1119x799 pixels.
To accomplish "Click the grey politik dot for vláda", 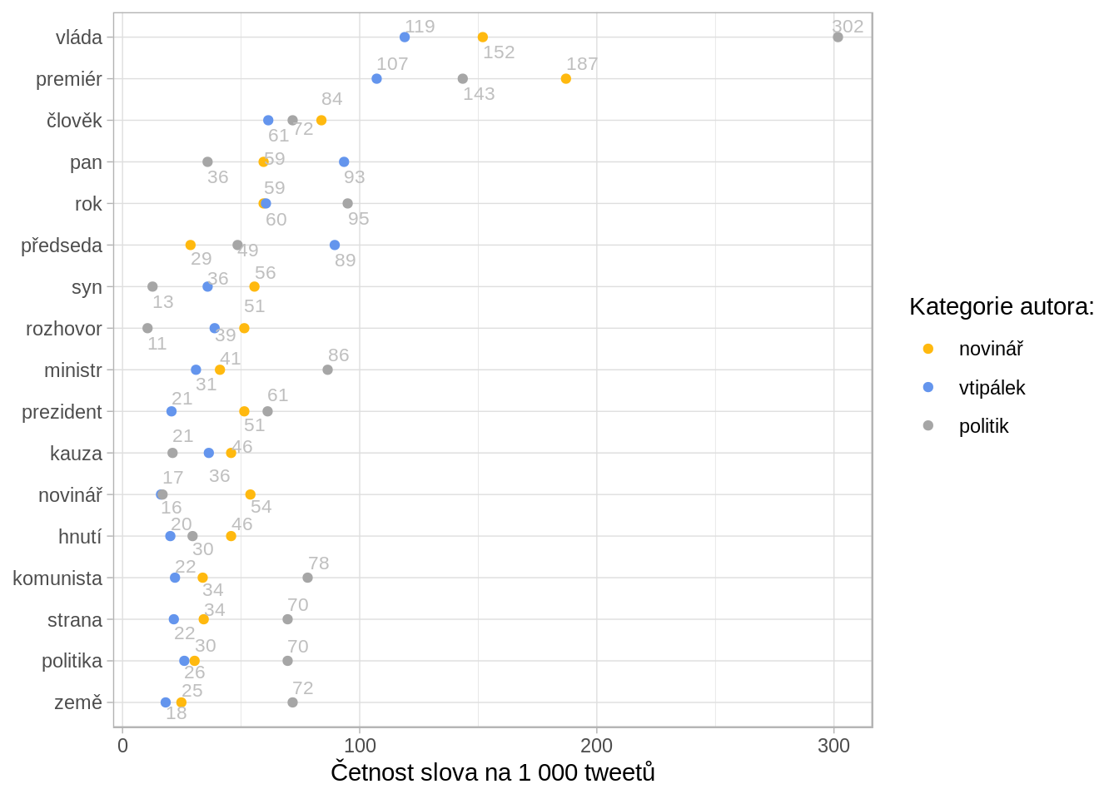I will pos(838,37).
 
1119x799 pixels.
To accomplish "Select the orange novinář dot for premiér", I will pos(566,79).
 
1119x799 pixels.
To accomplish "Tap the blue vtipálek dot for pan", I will pos(344,162).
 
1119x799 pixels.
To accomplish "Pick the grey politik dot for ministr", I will pos(327,370).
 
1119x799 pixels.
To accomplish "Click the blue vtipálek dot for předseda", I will pos(335,246).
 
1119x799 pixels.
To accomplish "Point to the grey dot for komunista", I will pos(307,578).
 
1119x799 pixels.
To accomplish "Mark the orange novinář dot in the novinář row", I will pos(251,494).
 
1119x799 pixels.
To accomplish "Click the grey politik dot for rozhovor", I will pos(147,328).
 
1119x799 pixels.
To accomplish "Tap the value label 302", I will pos(848,27).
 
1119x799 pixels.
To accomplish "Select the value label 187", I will pos(582,64).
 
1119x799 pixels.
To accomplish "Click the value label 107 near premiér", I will pos(392,64).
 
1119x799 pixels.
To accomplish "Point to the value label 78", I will pos(319,563).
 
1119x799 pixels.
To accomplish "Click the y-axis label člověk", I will pos(74,121).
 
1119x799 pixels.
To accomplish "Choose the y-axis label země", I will pos(78,702).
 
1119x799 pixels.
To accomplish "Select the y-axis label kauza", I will pos(76,454).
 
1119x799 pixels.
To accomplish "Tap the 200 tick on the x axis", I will pos(597,746).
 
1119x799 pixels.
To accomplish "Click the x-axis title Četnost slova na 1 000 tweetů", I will pos(492,772).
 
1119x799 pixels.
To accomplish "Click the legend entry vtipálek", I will pos(992,388).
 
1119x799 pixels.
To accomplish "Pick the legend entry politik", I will pos(983,426).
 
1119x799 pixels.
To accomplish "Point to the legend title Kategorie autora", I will pos(1001,307).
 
